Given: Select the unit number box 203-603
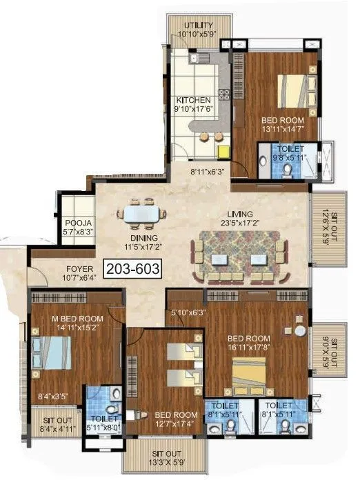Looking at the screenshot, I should click(x=132, y=269).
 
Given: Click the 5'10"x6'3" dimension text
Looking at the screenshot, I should click(x=188, y=312).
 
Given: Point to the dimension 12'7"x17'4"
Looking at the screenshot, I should click(x=171, y=424).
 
